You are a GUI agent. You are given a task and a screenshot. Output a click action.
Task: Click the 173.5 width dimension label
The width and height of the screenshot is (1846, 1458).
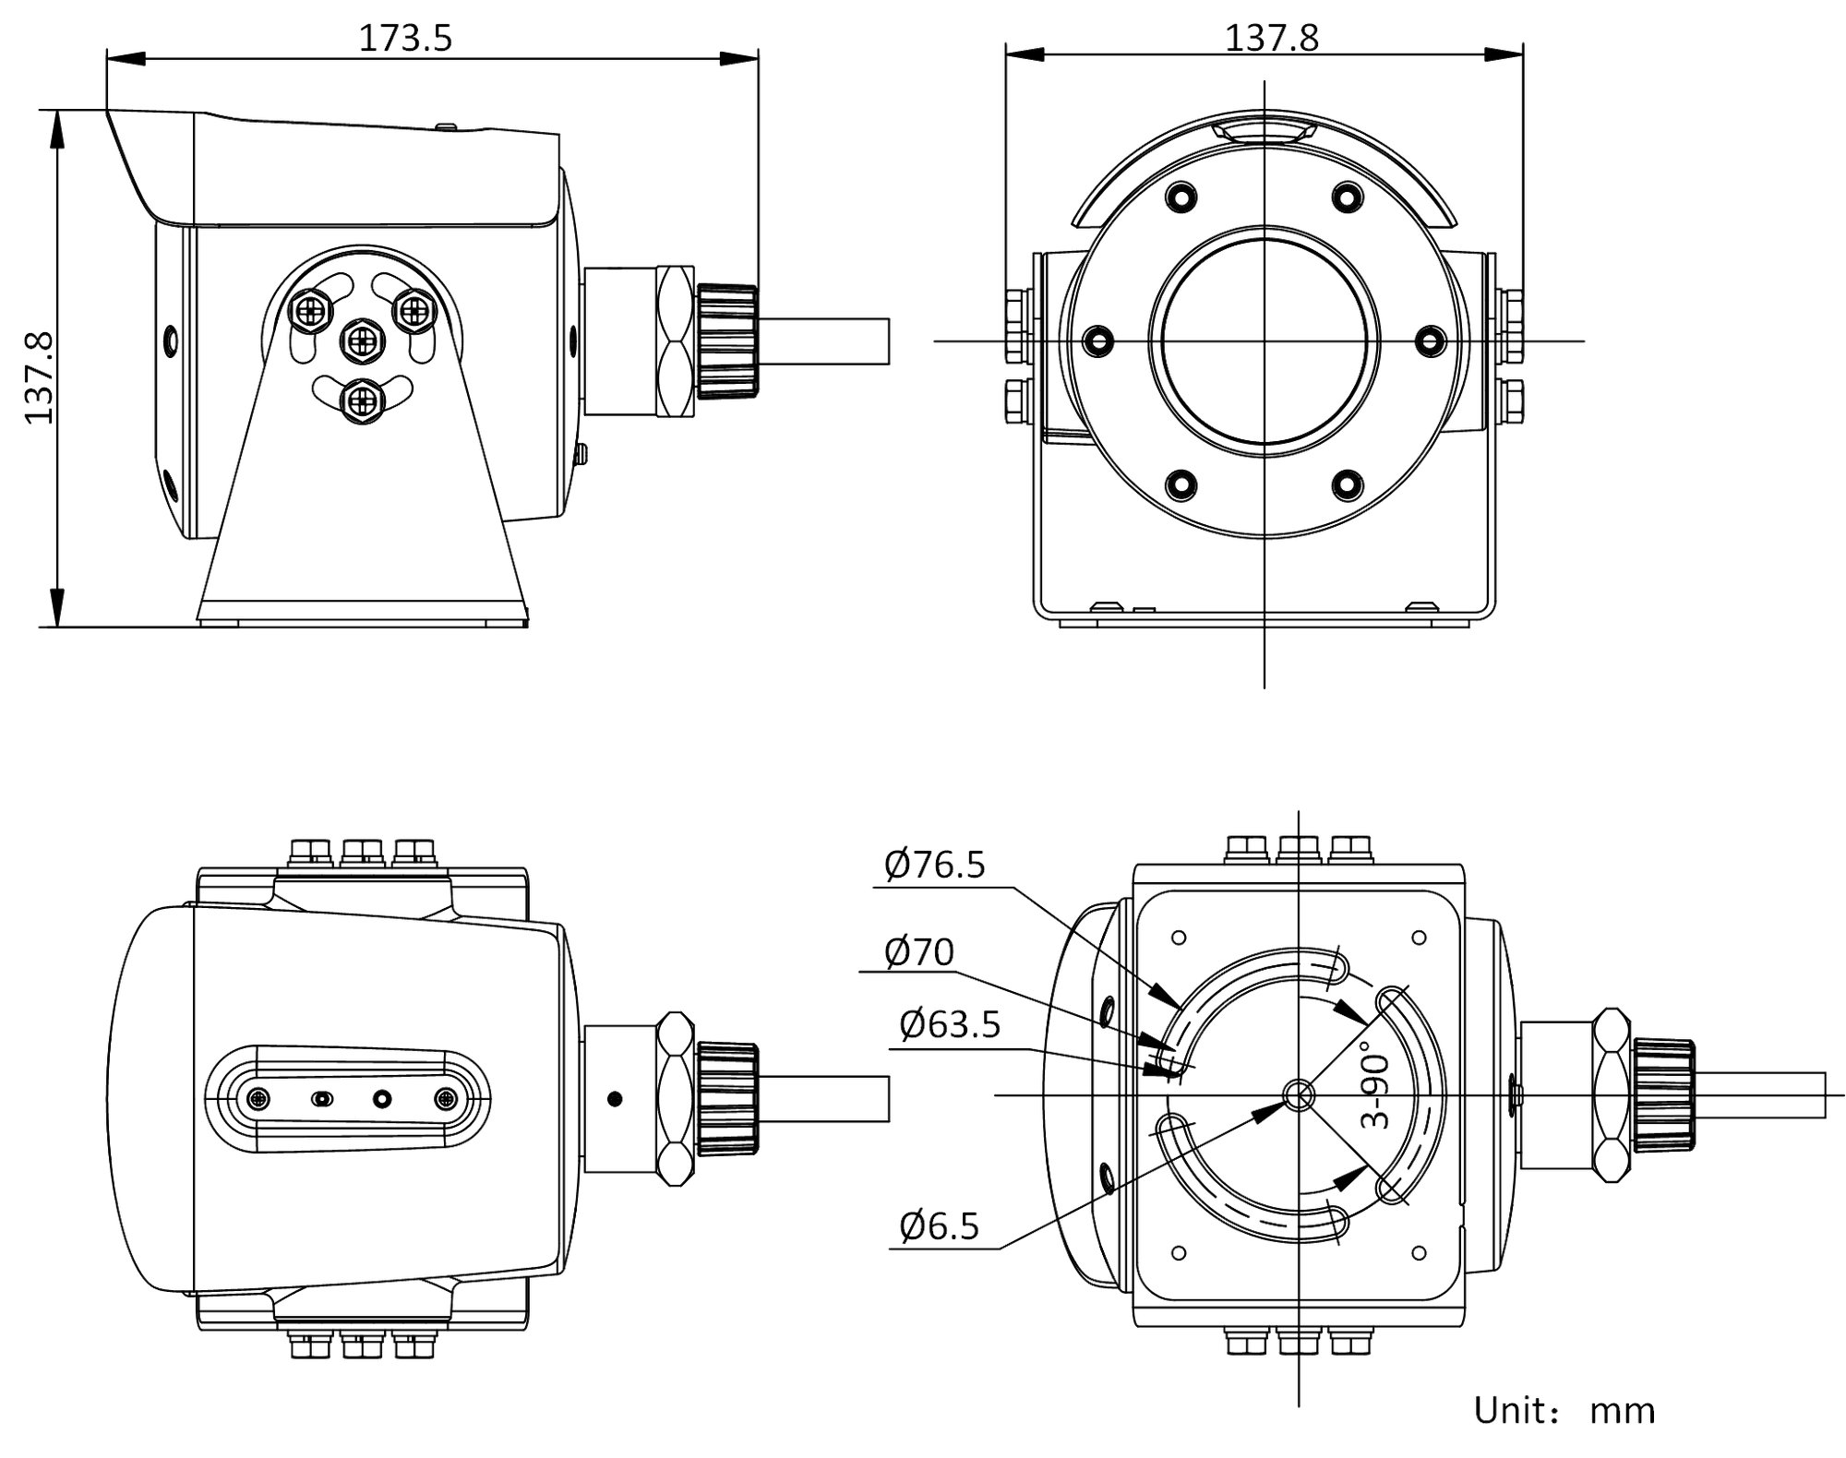click(x=405, y=39)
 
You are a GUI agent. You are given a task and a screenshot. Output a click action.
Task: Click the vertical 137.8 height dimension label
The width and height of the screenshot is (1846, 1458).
click(x=39, y=378)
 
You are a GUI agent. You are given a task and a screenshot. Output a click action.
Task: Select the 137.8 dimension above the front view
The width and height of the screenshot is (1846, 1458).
click(x=1271, y=39)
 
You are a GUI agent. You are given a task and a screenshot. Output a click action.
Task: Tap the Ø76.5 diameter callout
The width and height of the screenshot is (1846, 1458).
click(x=935, y=865)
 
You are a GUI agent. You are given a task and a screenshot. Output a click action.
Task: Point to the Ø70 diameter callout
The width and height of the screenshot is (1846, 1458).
click(x=918, y=951)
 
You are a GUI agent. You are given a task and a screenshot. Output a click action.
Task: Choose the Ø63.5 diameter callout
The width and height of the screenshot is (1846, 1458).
click(x=950, y=1024)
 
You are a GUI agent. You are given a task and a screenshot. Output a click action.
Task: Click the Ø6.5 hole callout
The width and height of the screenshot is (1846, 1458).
click(x=939, y=1225)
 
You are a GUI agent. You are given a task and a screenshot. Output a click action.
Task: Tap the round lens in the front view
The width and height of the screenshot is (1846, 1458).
click(x=1264, y=341)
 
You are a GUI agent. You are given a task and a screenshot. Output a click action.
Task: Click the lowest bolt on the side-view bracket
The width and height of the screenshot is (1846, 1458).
click(x=362, y=400)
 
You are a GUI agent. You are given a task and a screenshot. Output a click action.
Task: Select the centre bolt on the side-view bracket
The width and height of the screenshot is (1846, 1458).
click(x=362, y=343)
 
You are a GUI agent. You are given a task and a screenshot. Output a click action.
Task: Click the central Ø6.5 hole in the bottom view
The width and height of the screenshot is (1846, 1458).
click(x=1299, y=1095)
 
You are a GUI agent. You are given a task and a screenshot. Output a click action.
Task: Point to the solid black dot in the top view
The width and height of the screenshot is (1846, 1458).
click(x=615, y=1098)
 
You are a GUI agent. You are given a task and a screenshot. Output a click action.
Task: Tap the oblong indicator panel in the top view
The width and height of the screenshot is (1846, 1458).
click(x=348, y=1098)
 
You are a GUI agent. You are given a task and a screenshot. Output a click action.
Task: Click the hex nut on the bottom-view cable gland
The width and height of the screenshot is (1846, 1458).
click(x=1611, y=1095)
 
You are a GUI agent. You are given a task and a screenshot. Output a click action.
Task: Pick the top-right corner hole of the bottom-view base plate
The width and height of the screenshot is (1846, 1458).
click(x=1420, y=938)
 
